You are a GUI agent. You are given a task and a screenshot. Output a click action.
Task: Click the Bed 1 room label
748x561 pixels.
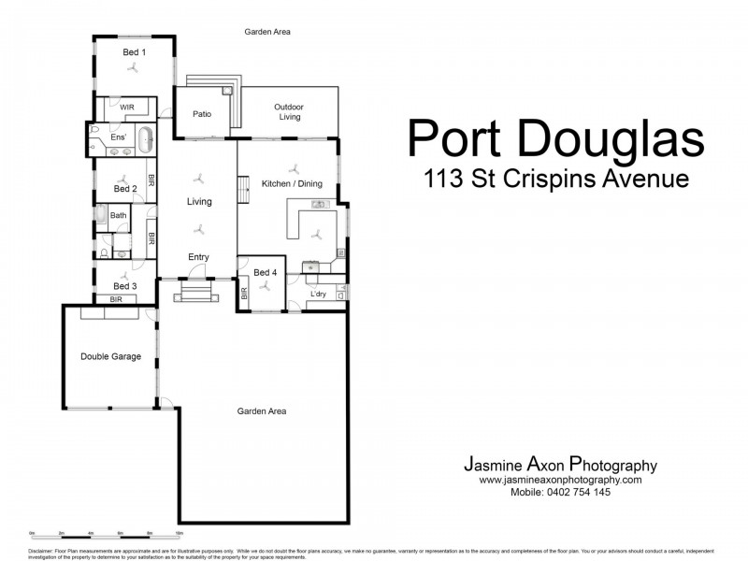(134, 52)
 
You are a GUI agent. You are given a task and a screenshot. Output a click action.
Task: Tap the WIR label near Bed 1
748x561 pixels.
(126, 108)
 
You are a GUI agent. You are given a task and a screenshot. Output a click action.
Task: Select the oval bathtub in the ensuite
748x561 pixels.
(147, 141)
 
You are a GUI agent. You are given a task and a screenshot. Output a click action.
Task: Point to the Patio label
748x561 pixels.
(202, 114)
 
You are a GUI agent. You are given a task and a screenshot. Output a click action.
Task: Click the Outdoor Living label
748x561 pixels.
(288, 112)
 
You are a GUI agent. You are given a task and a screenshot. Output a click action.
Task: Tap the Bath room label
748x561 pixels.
(118, 216)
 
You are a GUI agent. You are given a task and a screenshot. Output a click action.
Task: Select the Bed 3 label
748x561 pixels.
(125, 286)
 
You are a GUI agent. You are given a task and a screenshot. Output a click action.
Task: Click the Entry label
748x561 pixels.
(198, 257)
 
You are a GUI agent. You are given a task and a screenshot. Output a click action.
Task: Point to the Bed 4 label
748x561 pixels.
(266, 273)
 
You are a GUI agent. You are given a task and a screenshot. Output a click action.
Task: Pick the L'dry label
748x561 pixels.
(318, 295)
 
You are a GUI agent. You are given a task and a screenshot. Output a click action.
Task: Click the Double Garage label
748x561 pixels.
(110, 356)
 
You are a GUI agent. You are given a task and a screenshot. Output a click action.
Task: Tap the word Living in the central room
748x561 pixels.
(199, 201)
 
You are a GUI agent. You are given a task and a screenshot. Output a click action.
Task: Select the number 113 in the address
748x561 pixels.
(444, 178)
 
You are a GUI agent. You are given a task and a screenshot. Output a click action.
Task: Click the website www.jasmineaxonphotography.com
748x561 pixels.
(560, 480)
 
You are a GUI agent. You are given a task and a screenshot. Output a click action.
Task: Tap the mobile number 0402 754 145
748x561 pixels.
(560, 492)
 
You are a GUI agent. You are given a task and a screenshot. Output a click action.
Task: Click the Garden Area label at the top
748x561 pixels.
(267, 32)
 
